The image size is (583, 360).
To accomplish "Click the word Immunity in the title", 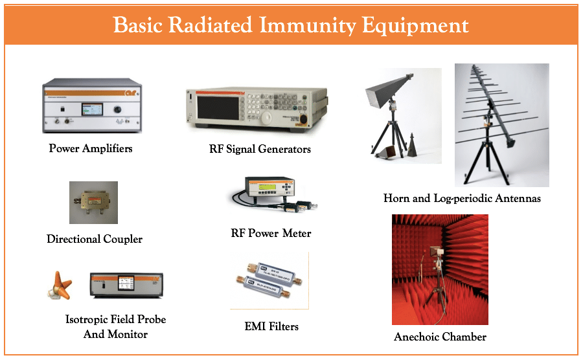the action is point(308,25).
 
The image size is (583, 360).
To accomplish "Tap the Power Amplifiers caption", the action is point(91,148).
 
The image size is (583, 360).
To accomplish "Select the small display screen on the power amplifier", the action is point(92,109).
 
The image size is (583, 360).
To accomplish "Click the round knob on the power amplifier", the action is point(117,109).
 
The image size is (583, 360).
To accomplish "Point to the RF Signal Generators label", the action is point(260,149).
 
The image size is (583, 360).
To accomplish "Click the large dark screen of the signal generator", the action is point(218,107).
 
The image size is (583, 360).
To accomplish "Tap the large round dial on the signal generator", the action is point(267,118).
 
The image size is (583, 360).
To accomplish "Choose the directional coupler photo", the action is point(93,203).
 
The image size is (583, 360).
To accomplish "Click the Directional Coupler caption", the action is point(95,239).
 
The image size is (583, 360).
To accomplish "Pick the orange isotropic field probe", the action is point(60,286).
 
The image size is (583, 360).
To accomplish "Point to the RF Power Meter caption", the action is point(271,233).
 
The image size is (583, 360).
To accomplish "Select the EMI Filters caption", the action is point(271,326).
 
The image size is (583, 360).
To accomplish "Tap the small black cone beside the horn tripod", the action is point(411,145).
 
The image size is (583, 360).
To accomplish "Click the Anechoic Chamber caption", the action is point(440,337).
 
